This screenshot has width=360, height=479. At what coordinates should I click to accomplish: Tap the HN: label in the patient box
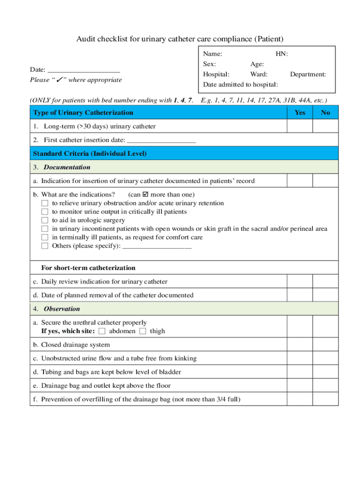coord(281,54)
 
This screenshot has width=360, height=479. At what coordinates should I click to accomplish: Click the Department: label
coord(308,74)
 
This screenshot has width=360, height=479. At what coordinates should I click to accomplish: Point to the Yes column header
coord(300,113)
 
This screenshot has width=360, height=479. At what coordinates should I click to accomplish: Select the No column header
coord(325,113)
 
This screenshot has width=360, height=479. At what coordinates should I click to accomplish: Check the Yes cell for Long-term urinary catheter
coord(300,126)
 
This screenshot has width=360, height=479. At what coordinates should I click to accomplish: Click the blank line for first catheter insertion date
coord(161,140)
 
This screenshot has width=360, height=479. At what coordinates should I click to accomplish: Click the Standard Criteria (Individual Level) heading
coord(90,153)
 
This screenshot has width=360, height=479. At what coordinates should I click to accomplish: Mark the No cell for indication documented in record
coord(325,181)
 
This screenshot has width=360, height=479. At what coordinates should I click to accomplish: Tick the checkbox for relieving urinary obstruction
coord(45,203)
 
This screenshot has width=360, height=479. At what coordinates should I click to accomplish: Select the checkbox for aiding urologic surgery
coord(45,220)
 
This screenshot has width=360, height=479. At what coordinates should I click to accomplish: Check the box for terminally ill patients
coord(45,237)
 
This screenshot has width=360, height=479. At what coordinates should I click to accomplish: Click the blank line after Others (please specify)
coord(157,246)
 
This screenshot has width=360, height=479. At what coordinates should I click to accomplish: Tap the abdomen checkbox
coord(102,331)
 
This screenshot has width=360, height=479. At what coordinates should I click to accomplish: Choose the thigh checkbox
coord(143,331)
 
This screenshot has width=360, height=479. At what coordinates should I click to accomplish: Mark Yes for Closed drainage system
coord(300,345)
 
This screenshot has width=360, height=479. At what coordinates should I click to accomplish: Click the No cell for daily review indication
coord(325,282)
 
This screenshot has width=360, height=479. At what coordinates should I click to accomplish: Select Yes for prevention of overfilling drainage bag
coord(300,399)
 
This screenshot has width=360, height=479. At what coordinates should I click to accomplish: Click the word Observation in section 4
coord(62,309)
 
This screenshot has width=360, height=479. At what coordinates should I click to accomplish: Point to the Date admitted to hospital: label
coord(240,85)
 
